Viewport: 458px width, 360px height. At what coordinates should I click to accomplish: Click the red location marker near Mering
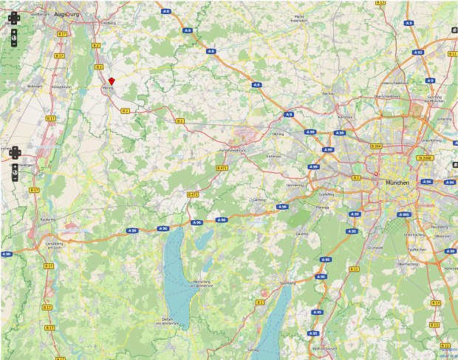point(112,81)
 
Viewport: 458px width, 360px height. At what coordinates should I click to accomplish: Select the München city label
point(396,182)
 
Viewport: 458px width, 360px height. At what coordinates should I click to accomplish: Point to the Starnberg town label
point(287,282)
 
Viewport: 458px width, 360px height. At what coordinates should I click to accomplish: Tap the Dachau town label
point(329,94)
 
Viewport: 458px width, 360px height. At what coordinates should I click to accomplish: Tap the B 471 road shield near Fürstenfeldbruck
point(222,169)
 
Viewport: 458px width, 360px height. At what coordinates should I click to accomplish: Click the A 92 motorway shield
point(418,52)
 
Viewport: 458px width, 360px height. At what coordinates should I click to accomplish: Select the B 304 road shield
point(376,146)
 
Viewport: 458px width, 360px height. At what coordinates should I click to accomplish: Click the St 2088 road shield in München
point(424,157)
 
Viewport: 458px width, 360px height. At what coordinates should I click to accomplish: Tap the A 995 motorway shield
point(404,214)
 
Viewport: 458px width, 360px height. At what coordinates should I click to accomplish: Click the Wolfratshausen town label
point(324,347)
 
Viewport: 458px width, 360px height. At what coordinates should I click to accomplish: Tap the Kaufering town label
point(47,219)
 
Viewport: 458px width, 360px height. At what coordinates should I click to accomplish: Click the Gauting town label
point(301,234)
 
